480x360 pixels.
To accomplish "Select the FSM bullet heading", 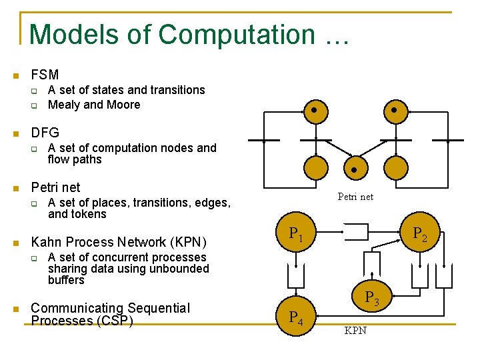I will pyautogui.click(x=45, y=75).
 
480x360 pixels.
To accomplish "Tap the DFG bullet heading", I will pyautogui.click(x=45, y=133).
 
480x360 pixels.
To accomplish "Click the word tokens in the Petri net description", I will pyautogui.click(x=87, y=214).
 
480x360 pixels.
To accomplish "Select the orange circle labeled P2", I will pyautogui.click(x=419, y=233).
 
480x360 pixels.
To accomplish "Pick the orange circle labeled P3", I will pyautogui.click(x=371, y=298).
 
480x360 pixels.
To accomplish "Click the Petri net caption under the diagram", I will pyautogui.click(x=355, y=197).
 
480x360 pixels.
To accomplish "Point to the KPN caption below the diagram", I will pyautogui.click(x=355, y=331).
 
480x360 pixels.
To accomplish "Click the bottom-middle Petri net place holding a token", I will pyautogui.click(x=354, y=169).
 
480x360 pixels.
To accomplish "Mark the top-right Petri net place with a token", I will pyautogui.click(x=394, y=110).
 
